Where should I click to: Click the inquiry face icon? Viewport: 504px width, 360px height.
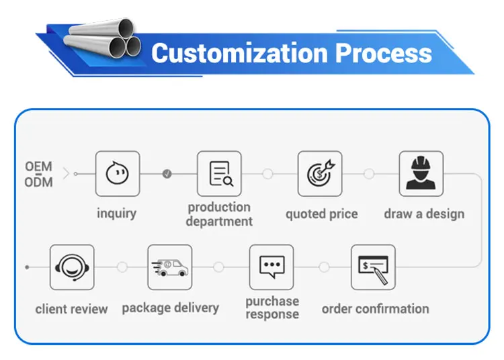(117, 173)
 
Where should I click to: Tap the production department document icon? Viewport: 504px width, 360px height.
(219, 173)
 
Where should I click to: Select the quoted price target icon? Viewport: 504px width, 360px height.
(320, 173)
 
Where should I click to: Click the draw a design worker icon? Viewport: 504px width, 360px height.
(421, 173)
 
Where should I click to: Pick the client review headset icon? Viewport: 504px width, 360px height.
(71, 267)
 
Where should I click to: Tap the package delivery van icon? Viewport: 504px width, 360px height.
(169, 267)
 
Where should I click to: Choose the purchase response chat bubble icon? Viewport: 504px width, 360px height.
(271, 267)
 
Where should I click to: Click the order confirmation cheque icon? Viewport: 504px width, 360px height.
(373, 267)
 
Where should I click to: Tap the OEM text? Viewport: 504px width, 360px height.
(38, 166)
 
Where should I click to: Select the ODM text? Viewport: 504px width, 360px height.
(38, 182)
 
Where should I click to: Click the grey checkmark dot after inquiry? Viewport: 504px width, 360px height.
(167, 174)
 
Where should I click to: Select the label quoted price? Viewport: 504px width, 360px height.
(321, 214)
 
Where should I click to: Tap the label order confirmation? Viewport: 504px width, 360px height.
(375, 309)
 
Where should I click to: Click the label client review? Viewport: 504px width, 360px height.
(71, 309)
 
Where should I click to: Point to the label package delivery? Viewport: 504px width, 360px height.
(170, 308)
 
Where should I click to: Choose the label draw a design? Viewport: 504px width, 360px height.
(424, 214)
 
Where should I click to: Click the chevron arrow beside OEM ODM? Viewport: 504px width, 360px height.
(65, 174)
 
